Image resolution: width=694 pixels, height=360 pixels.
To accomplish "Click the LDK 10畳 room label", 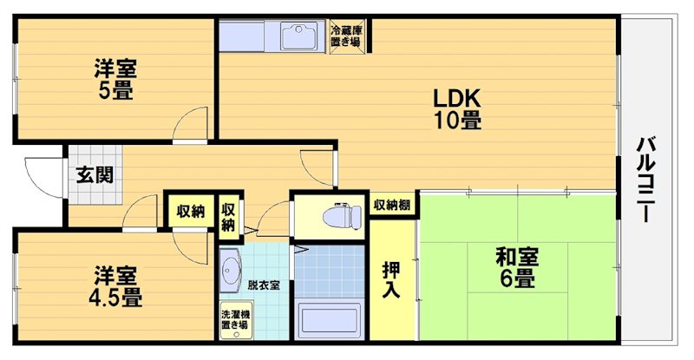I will click(x=457, y=108).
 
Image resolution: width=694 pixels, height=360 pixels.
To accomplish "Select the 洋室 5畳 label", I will click(x=115, y=78).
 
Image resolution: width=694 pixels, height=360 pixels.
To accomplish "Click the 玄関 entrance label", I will click(x=93, y=173).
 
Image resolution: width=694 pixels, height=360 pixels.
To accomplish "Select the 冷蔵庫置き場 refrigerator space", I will click(x=347, y=36).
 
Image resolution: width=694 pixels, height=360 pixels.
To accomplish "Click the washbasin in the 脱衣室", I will click(x=230, y=271).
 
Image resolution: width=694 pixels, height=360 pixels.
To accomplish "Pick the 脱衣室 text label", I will click(x=263, y=285).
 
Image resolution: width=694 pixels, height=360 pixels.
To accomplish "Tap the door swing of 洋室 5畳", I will click(x=189, y=126).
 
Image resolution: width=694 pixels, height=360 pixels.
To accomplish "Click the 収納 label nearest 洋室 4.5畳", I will click(x=191, y=211).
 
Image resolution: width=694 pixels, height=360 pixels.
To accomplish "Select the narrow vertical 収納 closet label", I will click(x=228, y=216).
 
